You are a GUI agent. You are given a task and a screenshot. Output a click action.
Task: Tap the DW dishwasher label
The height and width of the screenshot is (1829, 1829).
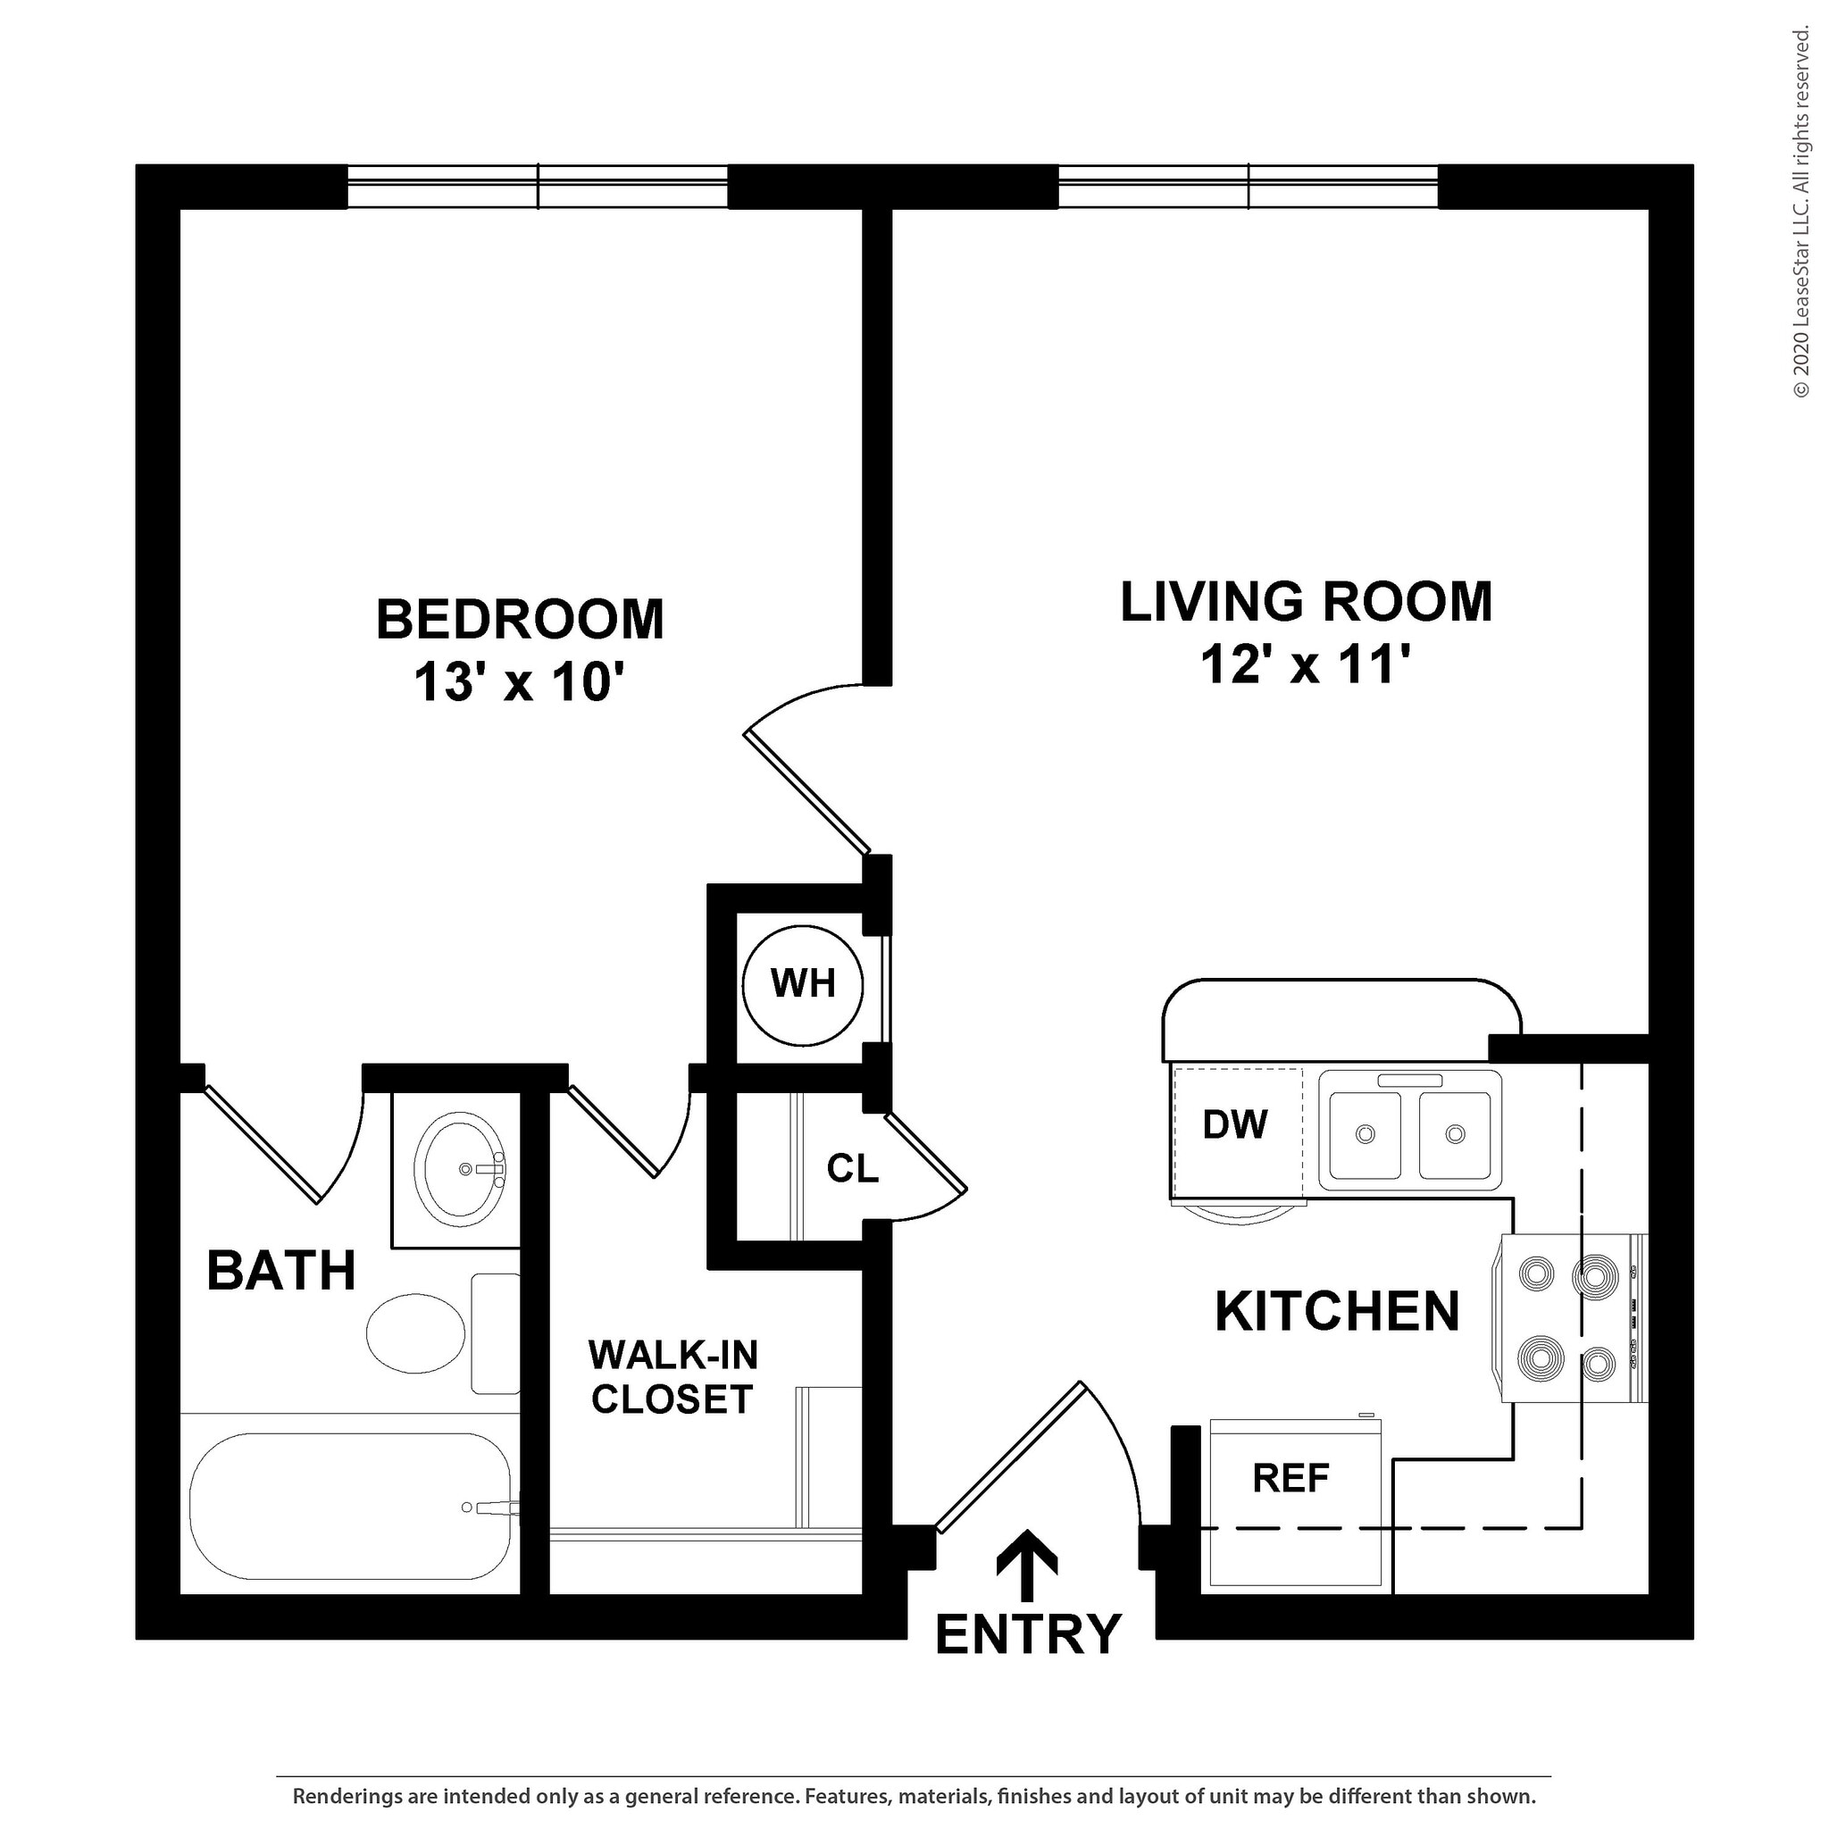tap(1234, 1124)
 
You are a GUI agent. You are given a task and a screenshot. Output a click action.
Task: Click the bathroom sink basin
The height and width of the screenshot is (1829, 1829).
tap(463, 1170)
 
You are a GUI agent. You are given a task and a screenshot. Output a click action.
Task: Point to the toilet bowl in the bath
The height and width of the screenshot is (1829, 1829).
tap(415, 1333)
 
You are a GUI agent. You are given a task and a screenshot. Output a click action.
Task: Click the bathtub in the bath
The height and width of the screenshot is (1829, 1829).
tap(351, 1507)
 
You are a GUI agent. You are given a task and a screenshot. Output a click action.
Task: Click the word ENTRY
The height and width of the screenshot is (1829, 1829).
tap(1028, 1633)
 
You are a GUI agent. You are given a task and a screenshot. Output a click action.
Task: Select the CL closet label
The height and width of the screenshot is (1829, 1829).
tap(852, 1168)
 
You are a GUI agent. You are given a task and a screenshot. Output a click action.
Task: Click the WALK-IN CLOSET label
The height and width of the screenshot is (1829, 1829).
tap(672, 1377)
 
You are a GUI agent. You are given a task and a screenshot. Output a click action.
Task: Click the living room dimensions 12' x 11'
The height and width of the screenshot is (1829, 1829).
tap(1307, 664)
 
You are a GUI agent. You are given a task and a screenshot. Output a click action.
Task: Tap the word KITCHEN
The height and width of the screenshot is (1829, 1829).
tap(1337, 1312)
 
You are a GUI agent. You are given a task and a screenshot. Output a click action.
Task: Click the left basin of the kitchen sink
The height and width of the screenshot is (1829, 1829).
tap(1365, 1134)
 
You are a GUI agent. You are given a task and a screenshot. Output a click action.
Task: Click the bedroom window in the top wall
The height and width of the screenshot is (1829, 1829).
tap(537, 187)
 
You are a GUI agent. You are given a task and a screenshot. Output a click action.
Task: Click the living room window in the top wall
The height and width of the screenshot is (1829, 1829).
tap(1248, 187)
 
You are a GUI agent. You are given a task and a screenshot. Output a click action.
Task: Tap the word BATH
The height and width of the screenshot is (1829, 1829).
tap(281, 1271)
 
